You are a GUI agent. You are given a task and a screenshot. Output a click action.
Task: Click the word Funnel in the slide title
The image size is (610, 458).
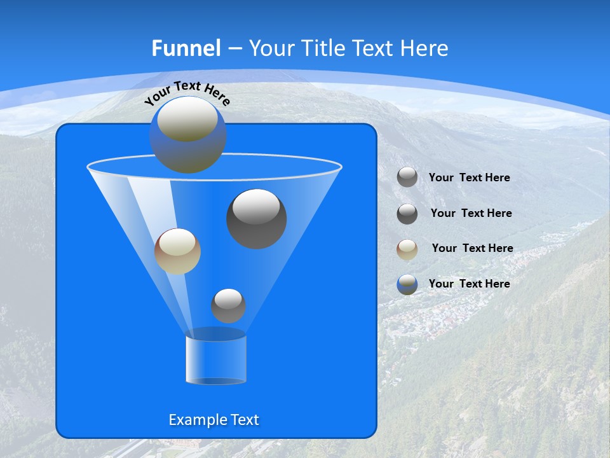[186, 48]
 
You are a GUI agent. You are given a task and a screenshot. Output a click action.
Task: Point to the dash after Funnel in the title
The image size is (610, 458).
[234, 49]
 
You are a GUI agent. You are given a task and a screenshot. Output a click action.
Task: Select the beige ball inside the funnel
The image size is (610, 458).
[177, 252]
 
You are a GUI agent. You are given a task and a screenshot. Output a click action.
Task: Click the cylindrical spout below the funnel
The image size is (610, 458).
[216, 359]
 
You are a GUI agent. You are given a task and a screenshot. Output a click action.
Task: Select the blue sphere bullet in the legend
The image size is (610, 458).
[407, 284]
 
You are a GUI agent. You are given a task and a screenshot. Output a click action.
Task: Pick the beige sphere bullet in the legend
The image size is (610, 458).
[407, 249]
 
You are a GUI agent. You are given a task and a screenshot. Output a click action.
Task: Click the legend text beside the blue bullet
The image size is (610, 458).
[469, 284]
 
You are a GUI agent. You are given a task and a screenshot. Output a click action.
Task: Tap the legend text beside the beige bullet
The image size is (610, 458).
[472, 248]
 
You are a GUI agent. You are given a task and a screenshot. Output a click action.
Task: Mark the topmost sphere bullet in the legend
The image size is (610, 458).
[407, 177]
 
